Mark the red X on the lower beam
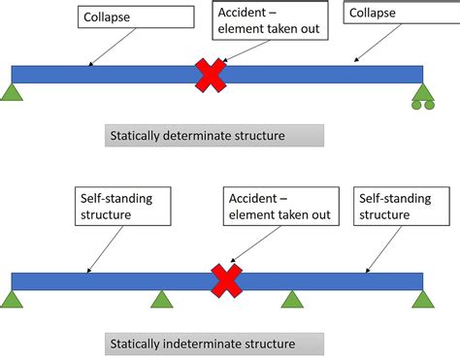(226, 281)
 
